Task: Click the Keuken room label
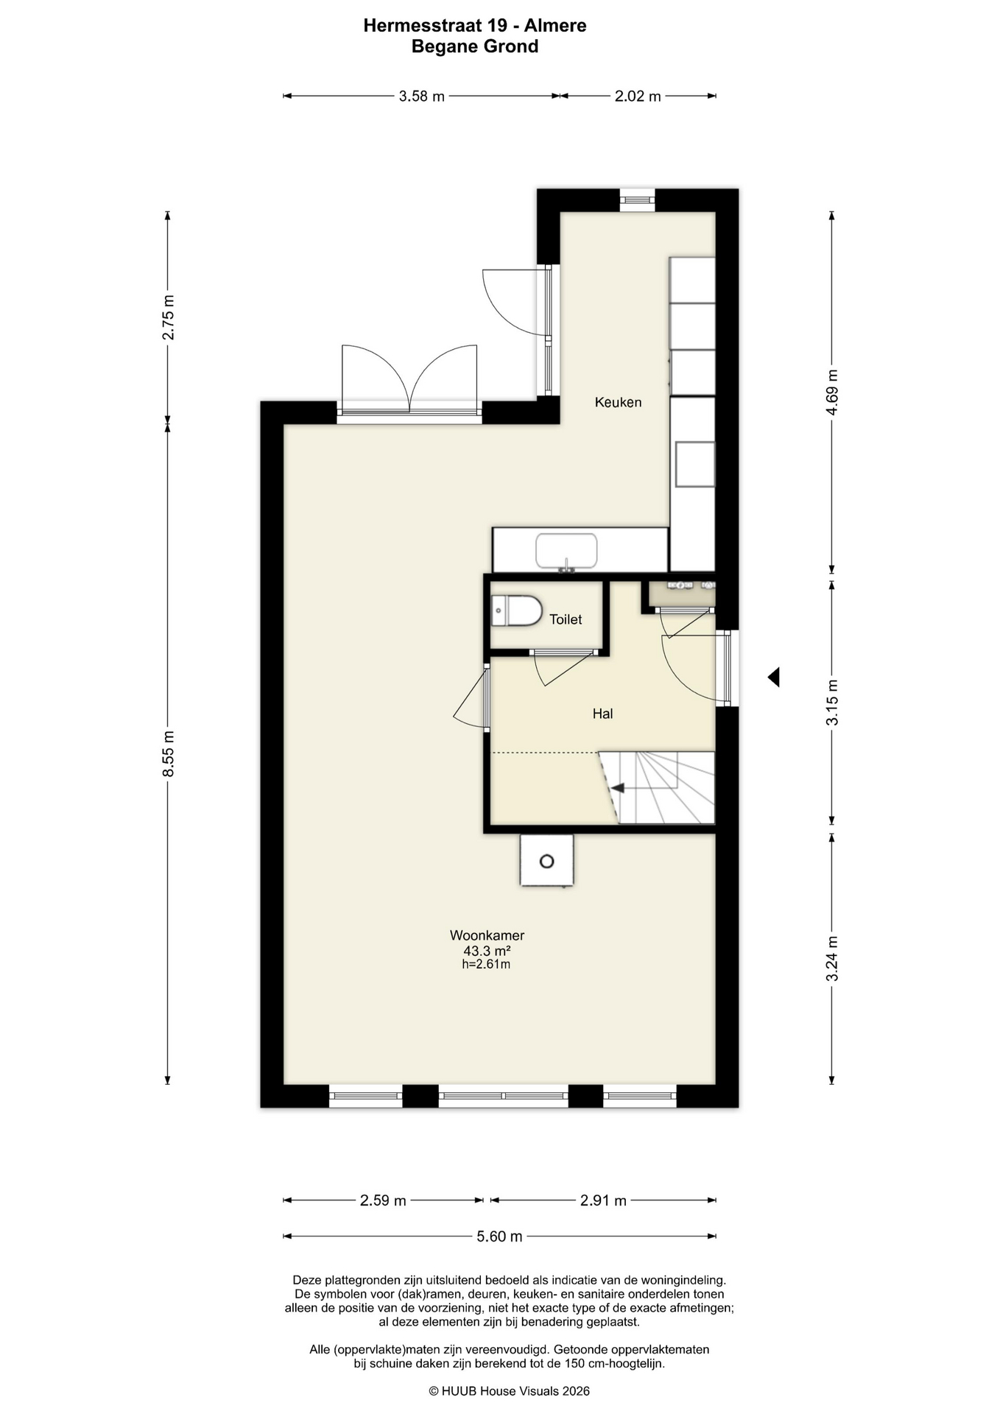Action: point(618,402)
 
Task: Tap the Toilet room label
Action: point(566,619)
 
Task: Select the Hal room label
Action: point(602,714)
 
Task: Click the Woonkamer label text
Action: point(487,935)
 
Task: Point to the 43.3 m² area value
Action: point(487,951)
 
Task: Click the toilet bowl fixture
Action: point(517,611)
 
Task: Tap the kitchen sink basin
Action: point(566,551)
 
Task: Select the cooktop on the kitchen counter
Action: point(695,464)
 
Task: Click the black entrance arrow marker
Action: point(773,677)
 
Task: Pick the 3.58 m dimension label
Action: point(421,96)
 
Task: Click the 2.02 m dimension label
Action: point(638,96)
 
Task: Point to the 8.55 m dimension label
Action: point(169,753)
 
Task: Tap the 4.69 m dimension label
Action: point(832,392)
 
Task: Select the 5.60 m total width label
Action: point(499,1236)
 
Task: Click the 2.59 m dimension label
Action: point(383,1200)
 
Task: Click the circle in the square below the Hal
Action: point(546,861)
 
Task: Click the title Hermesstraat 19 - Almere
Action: point(475,26)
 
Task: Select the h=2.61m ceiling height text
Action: point(486,964)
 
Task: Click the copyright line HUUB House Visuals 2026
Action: point(509,1391)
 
